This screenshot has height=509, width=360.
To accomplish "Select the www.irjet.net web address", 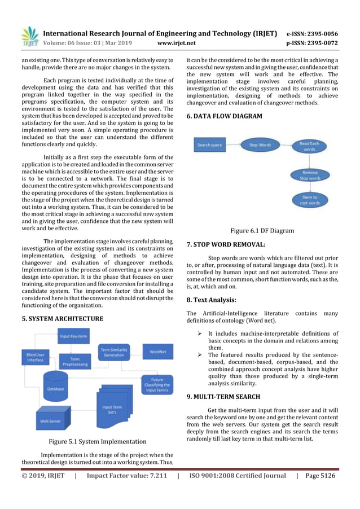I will pyautogui.click(x=177, y=42).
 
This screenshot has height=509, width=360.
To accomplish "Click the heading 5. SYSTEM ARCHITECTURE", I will pyautogui.click(x=62, y=319).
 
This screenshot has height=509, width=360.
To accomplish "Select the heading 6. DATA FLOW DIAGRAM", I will pyautogui.click(x=224, y=116).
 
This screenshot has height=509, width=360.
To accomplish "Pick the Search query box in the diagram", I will pyautogui.click(x=209, y=145).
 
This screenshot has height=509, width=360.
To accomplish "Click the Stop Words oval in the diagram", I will pyautogui.click(x=260, y=145).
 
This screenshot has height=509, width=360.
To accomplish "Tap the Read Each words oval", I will pyautogui.click(x=309, y=146).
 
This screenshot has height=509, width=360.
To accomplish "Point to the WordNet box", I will pyautogui.click(x=157, y=352).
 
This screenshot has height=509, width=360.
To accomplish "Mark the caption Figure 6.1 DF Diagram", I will pyautogui.click(x=262, y=230).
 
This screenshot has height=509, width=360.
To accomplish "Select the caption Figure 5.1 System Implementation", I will pyautogui.click(x=98, y=441).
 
